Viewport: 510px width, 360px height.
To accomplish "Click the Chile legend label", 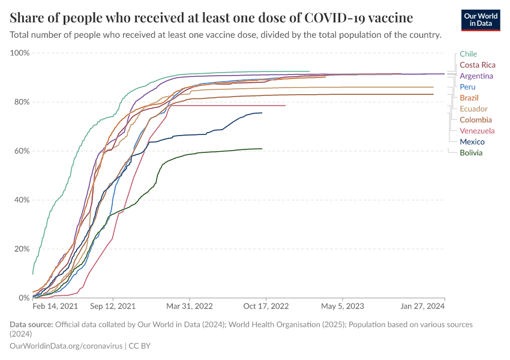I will pos(468,54).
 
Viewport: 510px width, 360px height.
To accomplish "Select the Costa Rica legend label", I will pos(477,65).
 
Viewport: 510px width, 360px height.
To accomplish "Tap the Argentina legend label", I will pos(476,76).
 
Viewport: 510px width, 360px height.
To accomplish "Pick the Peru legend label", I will pos(467,87).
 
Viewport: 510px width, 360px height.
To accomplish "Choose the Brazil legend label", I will pos(469,98).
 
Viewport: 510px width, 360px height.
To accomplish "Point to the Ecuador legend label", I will pos(473,109).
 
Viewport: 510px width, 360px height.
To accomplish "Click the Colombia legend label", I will pos(475,120).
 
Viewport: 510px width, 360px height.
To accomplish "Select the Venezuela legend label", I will pos(477,131).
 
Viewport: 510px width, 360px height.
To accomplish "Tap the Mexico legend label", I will pos(472,142).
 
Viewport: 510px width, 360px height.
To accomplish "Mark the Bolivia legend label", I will pos(470,153).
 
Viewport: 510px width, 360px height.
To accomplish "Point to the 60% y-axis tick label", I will pos(22,151).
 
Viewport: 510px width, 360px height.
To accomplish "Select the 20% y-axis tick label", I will pos(22,249).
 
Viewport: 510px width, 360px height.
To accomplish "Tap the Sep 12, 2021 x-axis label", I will pos(113,305).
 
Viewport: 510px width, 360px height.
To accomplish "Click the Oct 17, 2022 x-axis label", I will pos(265,305).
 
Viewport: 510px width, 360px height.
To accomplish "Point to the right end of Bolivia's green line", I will pos(262,149).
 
